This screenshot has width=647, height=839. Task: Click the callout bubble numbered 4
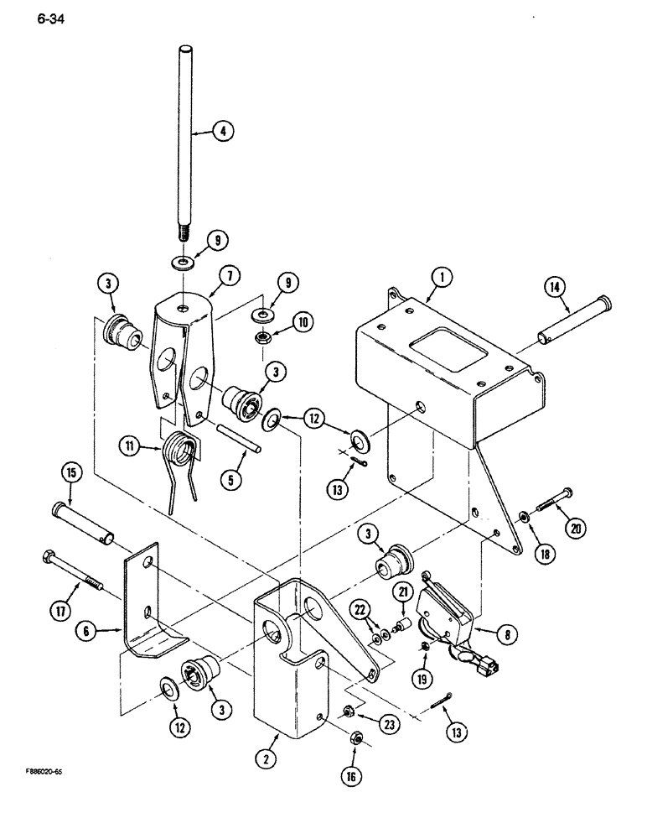click(222, 130)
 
